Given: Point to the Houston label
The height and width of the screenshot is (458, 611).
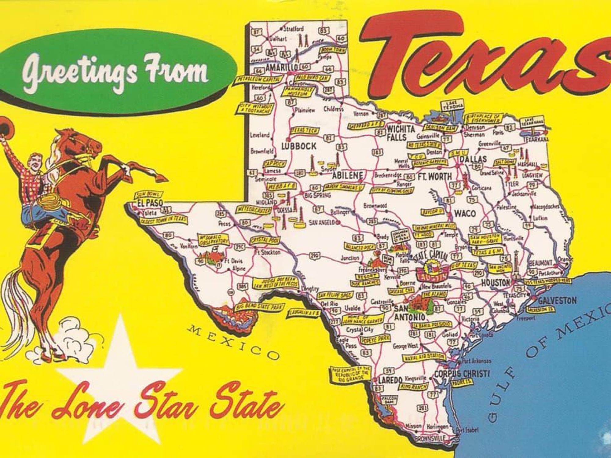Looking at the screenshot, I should pos(496,283).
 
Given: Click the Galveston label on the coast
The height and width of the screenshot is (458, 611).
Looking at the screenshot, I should pos(557,301).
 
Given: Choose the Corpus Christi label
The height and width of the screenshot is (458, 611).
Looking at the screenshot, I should pos(462,374).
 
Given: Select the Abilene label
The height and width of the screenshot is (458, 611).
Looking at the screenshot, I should pos(347,176).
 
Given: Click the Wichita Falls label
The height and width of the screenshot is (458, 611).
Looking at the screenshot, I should pos(401,133).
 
